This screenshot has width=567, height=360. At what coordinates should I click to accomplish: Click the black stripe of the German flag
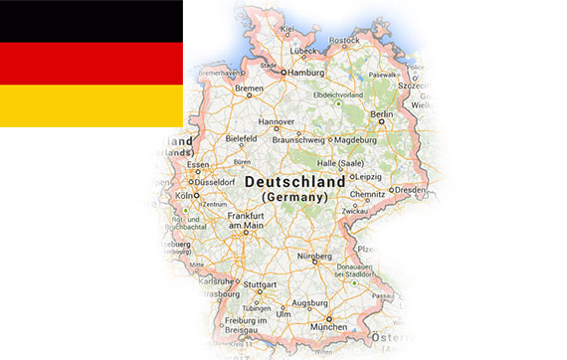point(90,21)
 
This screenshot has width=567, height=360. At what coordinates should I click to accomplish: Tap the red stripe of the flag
point(90,64)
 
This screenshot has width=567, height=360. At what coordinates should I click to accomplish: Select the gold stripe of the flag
point(90,106)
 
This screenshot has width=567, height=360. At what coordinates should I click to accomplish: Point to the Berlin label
point(382,114)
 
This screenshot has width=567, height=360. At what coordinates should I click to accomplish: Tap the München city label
point(329,326)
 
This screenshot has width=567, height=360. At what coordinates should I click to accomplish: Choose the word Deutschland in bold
point(294,183)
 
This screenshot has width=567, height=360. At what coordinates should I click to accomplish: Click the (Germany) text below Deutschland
point(294,198)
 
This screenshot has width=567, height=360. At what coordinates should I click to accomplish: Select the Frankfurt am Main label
point(245,221)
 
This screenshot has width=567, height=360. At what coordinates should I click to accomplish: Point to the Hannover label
point(277,122)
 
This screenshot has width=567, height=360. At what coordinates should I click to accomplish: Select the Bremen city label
point(249,90)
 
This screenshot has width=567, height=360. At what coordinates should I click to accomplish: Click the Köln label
point(183,196)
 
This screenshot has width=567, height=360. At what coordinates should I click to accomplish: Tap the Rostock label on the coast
point(343,40)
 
